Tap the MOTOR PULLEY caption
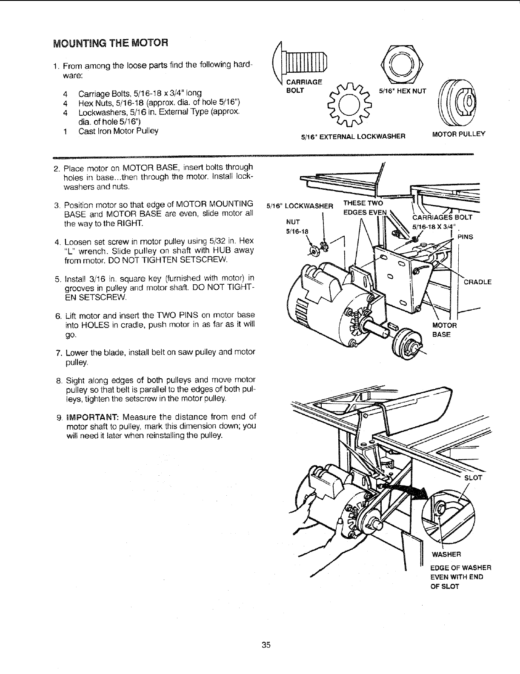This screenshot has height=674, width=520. coord(458,135)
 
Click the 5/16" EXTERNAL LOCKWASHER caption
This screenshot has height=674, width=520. coord(353,137)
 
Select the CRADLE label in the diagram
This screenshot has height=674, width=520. coord(477,282)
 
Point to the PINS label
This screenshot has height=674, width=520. coord(465,237)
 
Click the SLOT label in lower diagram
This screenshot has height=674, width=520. coord(473,477)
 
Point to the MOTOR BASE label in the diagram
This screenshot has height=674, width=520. coord(444,330)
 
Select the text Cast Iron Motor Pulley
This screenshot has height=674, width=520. coord(118,131)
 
